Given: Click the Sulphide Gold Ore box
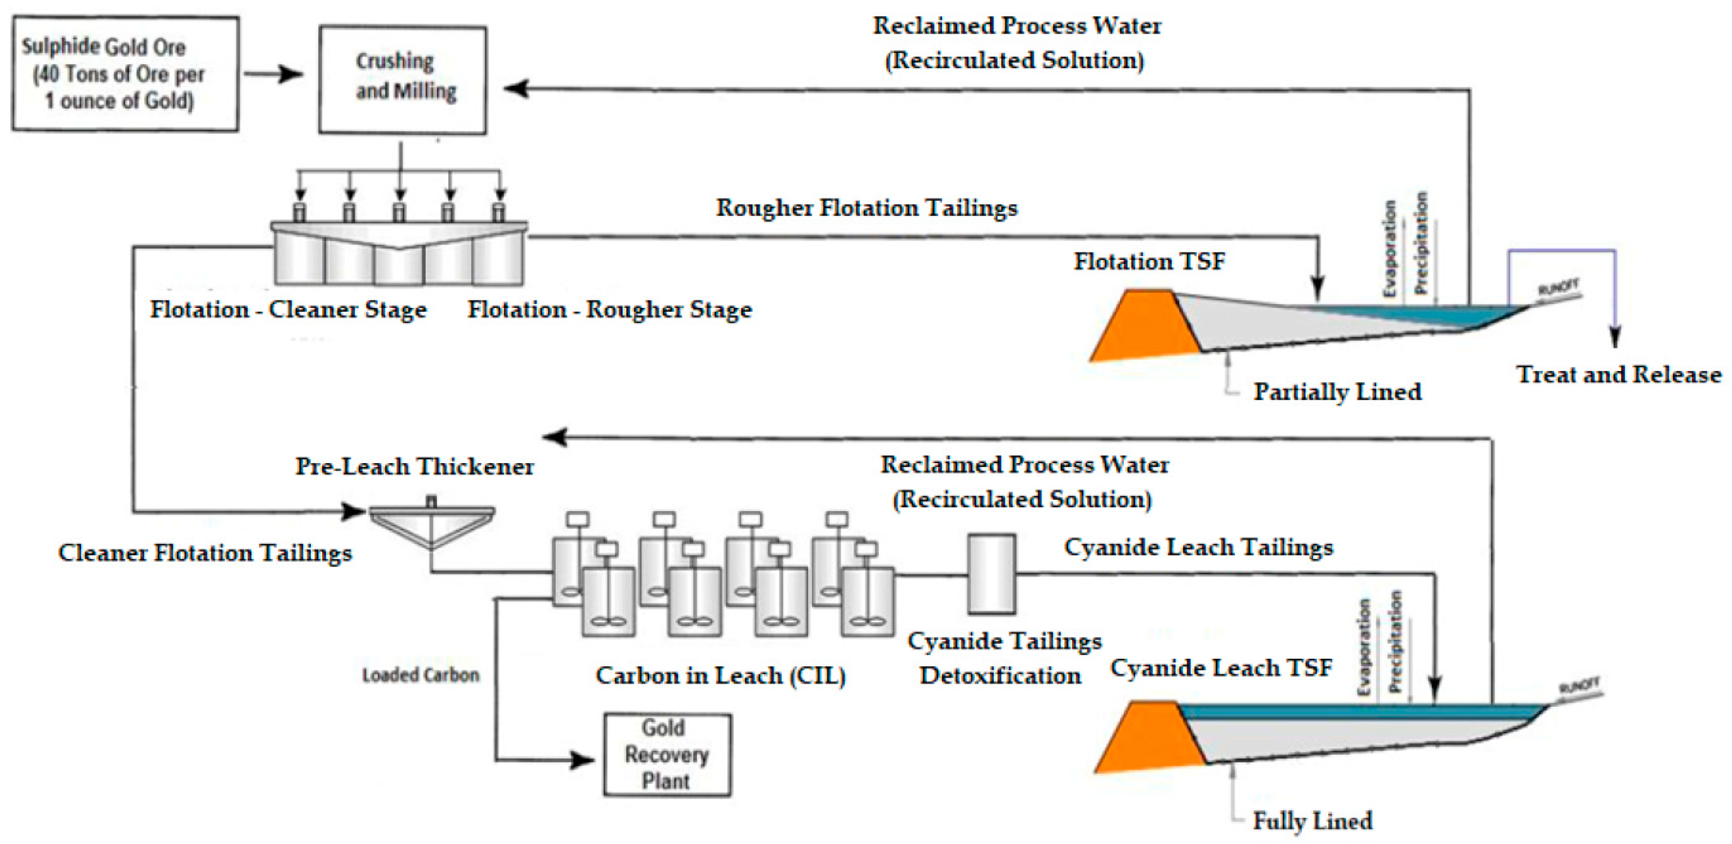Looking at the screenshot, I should [125, 74].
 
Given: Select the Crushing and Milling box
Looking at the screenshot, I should [402, 80].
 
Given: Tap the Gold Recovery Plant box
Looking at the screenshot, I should [667, 755].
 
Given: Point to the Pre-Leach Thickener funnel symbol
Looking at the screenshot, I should [431, 524].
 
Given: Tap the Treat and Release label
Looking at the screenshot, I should [1618, 374].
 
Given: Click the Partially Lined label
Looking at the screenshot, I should [1337, 392].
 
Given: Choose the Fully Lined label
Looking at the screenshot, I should [1312, 820].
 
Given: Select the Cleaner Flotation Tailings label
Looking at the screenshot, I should [205, 552].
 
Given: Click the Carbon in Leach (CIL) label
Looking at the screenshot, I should [720, 675].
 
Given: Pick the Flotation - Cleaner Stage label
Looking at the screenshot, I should [288, 309].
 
